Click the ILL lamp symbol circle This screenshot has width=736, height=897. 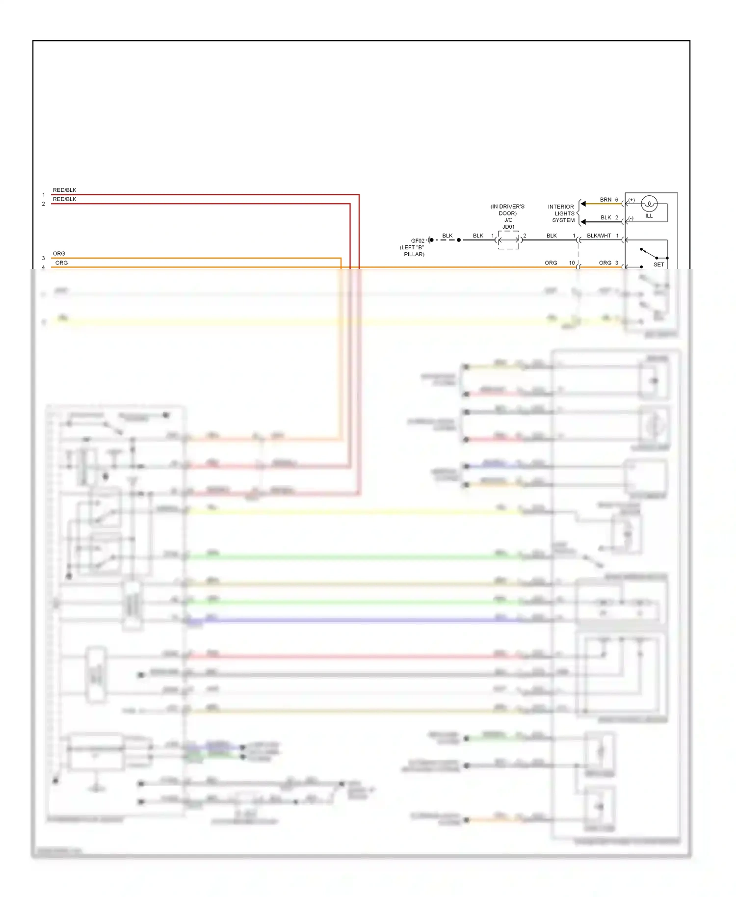pos(649,204)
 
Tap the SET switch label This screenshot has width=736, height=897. pos(658,264)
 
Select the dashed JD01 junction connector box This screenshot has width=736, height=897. pos(508,240)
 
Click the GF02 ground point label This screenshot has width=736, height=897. pos(418,241)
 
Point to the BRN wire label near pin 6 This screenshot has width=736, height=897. pos(605,200)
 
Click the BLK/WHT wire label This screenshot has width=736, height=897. pos(599,236)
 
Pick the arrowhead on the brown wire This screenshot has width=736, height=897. pos(583,204)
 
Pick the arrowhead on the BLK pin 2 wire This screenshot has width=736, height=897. pos(583,222)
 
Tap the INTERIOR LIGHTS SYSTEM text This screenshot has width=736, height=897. pos(561,213)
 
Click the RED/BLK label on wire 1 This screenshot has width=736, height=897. pos(64,190)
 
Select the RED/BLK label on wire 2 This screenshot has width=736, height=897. pos(64,199)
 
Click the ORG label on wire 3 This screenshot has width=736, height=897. pos(59,254)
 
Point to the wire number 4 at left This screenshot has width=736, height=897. pos(43,267)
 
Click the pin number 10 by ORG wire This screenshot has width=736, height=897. pos(572,263)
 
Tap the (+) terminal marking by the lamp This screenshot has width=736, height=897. pos(631,200)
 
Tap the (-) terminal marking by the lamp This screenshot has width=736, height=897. pos(631,218)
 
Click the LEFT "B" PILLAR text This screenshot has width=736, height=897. pos(412,251)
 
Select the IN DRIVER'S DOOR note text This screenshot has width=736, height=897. pos(507,210)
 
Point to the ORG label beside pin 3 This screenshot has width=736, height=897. pos(605,263)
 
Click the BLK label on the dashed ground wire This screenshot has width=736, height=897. pos(447,236)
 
